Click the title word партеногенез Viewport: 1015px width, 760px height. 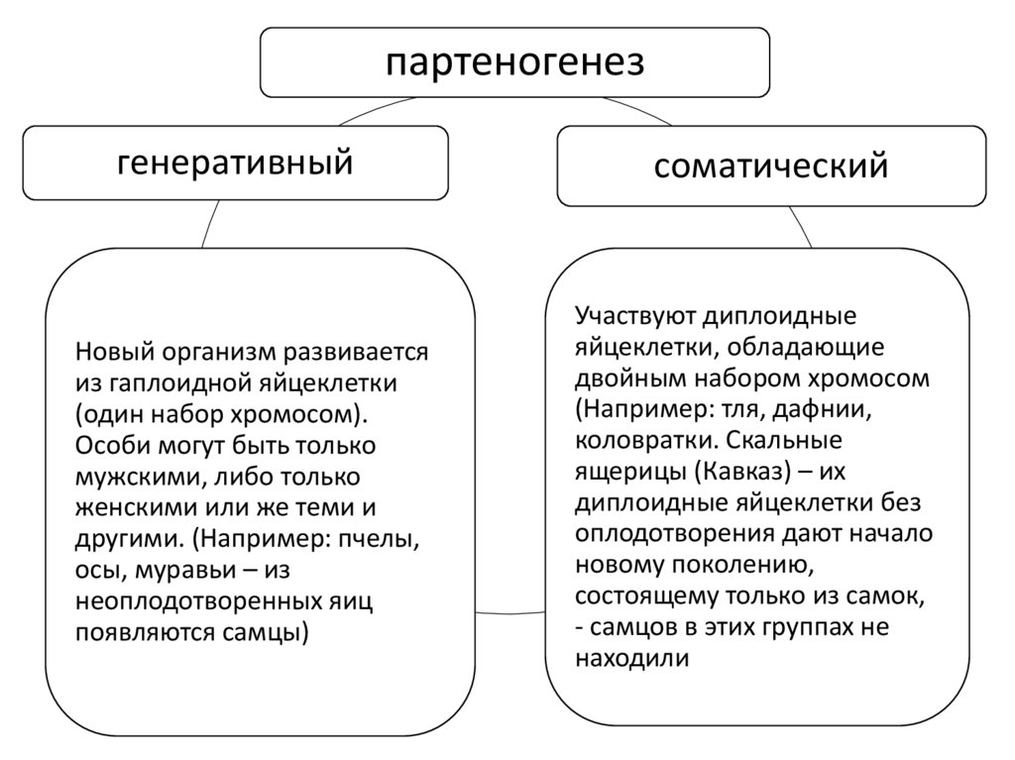tap(514, 61)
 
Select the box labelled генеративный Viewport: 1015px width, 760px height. tap(235, 161)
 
